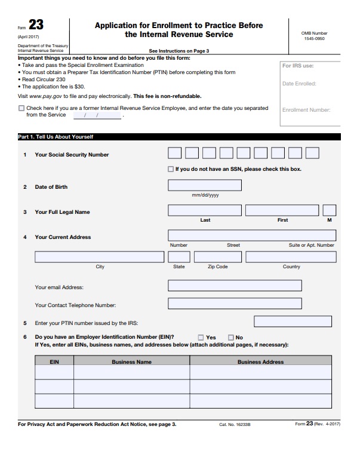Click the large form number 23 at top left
[x=36, y=25]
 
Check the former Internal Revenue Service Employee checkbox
[x=21, y=109]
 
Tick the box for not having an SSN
[x=171, y=169]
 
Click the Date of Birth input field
[x=205, y=185]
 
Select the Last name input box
[x=205, y=210]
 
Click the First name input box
[x=282, y=210]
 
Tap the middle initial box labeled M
[x=330, y=210]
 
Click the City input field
[x=99, y=257]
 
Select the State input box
[x=179, y=257]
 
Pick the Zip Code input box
[x=217, y=257]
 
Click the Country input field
[x=291, y=257]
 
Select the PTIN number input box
[x=293, y=322]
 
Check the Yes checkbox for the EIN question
[x=201, y=338]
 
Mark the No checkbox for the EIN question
[x=231, y=338]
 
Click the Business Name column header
[x=131, y=361]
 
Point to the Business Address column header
[x=260, y=361]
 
